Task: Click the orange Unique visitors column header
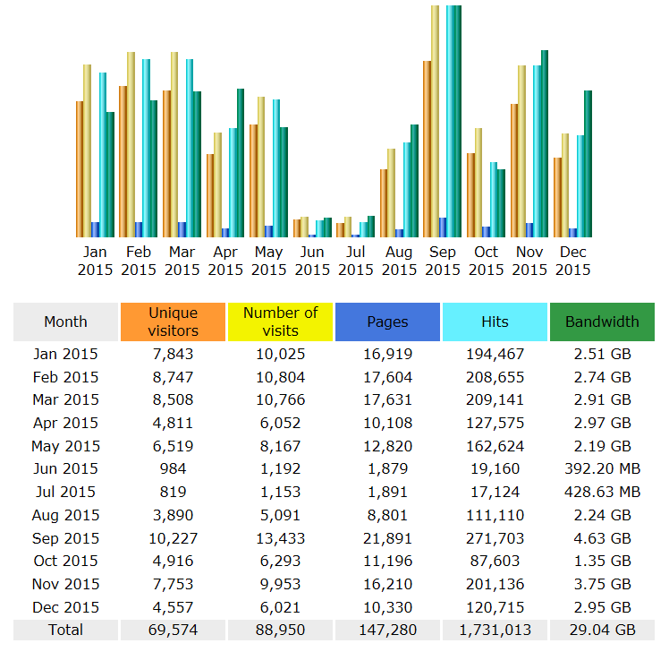pos(174,322)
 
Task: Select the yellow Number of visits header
pos(281,322)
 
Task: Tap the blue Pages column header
pos(387,322)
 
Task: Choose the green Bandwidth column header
pos(602,322)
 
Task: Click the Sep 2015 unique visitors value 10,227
pos(174,538)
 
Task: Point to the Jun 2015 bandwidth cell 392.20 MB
pos(602,468)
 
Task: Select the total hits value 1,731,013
pos(495,630)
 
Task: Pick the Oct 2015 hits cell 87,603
pos(495,561)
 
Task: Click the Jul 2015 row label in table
pos(65,492)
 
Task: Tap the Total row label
pos(65,630)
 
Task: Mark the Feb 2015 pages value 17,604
pos(387,377)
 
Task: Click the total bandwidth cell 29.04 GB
pos(602,630)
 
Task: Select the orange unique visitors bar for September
pos(428,149)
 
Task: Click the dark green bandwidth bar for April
pos(241,162)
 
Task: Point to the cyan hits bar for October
pos(494,199)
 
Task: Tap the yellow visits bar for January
pos(88,150)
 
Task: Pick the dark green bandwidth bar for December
pos(588,163)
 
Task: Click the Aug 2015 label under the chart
pos(399,261)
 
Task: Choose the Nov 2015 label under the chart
pos(529,261)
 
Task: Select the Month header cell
pos(65,322)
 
